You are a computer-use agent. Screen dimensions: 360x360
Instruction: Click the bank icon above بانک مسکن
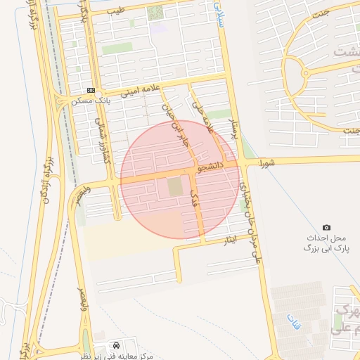coord(90,90)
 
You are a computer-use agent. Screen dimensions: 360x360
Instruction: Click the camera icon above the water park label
coord(326,227)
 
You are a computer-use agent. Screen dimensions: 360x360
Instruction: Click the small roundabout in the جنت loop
coord(304,72)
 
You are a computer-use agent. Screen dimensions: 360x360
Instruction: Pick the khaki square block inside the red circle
coord(174,188)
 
